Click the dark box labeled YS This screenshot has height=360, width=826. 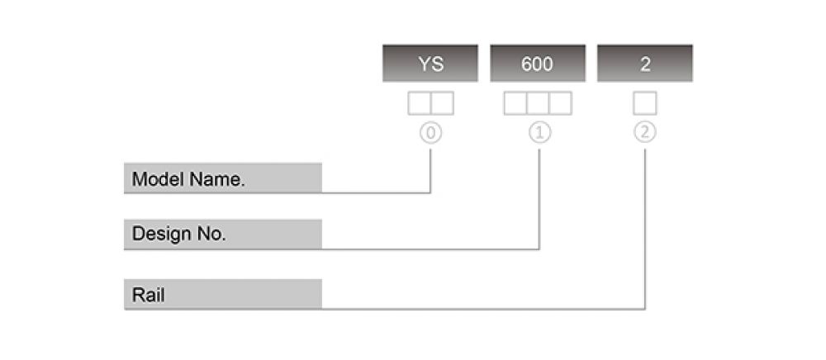click(x=430, y=63)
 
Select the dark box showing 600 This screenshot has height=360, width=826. click(x=538, y=63)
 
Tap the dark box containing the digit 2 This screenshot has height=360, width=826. click(x=645, y=63)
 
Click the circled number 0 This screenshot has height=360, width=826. click(x=431, y=133)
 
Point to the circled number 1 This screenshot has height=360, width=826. click(x=539, y=133)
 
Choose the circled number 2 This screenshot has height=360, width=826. click(x=645, y=133)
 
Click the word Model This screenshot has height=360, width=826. click(x=159, y=179)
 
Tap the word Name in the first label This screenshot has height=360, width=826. click(x=217, y=179)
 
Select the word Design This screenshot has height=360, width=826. click(x=162, y=234)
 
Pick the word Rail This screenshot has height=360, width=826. click(x=148, y=296)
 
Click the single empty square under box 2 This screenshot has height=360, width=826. click(x=645, y=103)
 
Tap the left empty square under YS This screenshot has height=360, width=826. click(x=420, y=103)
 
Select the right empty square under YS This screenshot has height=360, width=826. click(x=442, y=103)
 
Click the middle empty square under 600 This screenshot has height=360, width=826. click(x=538, y=103)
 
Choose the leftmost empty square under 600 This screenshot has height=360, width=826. click(x=515, y=103)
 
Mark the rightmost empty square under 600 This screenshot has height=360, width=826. click(x=560, y=103)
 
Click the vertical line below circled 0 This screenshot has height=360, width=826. click(x=430, y=171)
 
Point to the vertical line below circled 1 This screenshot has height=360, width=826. click(x=539, y=199)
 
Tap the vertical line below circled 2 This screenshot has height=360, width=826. click(x=645, y=229)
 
